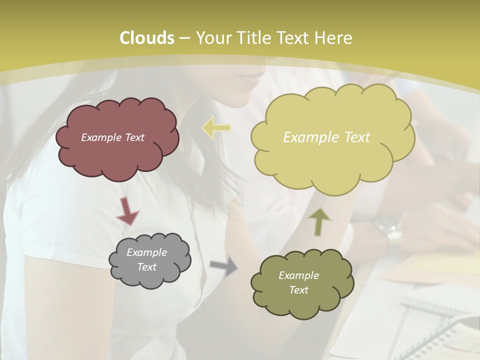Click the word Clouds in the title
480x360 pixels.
click(147, 38)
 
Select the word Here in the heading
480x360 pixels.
click(335, 38)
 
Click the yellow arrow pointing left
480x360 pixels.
click(216, 128)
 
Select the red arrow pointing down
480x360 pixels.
click(127, 211)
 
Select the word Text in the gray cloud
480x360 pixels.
click(146, 267)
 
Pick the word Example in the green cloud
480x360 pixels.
click(298, 275)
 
